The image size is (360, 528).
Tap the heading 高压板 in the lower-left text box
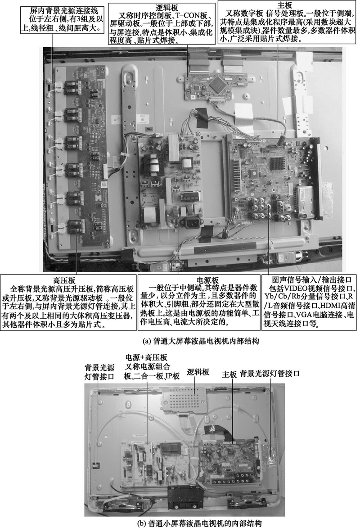(63, 280)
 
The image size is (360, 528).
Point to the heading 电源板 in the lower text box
(197, 279)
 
